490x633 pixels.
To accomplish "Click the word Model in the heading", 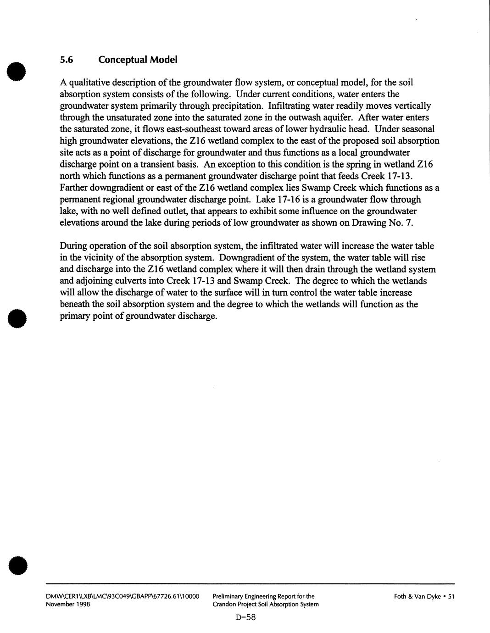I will [x=163, y=60].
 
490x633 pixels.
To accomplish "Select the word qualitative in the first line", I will [x=90, y=83].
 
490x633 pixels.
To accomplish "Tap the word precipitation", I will [x=235, y=106].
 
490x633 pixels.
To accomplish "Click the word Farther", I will [x=73, y=188].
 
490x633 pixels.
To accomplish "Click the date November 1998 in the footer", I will [x=68, y=604].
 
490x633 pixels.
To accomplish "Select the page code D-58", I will [x=245, y=617].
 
